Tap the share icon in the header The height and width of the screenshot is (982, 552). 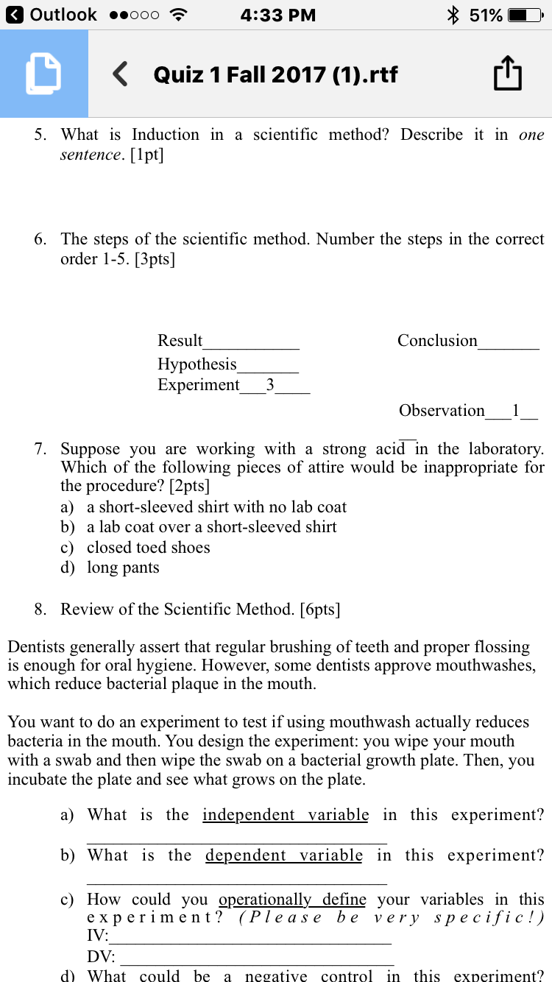(508, 74)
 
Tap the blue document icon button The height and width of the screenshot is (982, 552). (43, 74)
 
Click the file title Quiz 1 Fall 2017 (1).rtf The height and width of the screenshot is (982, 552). (275, 74)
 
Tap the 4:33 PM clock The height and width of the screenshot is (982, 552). (277, 15)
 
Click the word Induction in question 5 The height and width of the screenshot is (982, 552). (165, 135)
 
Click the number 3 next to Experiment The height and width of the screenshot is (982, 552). (270, 385)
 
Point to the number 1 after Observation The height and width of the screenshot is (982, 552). (516, 411)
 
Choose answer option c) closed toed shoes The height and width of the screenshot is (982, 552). (148, 548)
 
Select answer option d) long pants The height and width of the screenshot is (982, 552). (122, 568)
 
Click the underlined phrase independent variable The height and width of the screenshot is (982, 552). (286, 815)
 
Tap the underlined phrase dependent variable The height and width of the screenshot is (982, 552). (284, 855)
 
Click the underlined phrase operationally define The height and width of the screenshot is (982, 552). (292, 900)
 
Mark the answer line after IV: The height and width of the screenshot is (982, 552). (250, 939)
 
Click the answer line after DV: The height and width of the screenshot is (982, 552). (258, 959)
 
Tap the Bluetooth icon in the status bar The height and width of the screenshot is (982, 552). (453, 15)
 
